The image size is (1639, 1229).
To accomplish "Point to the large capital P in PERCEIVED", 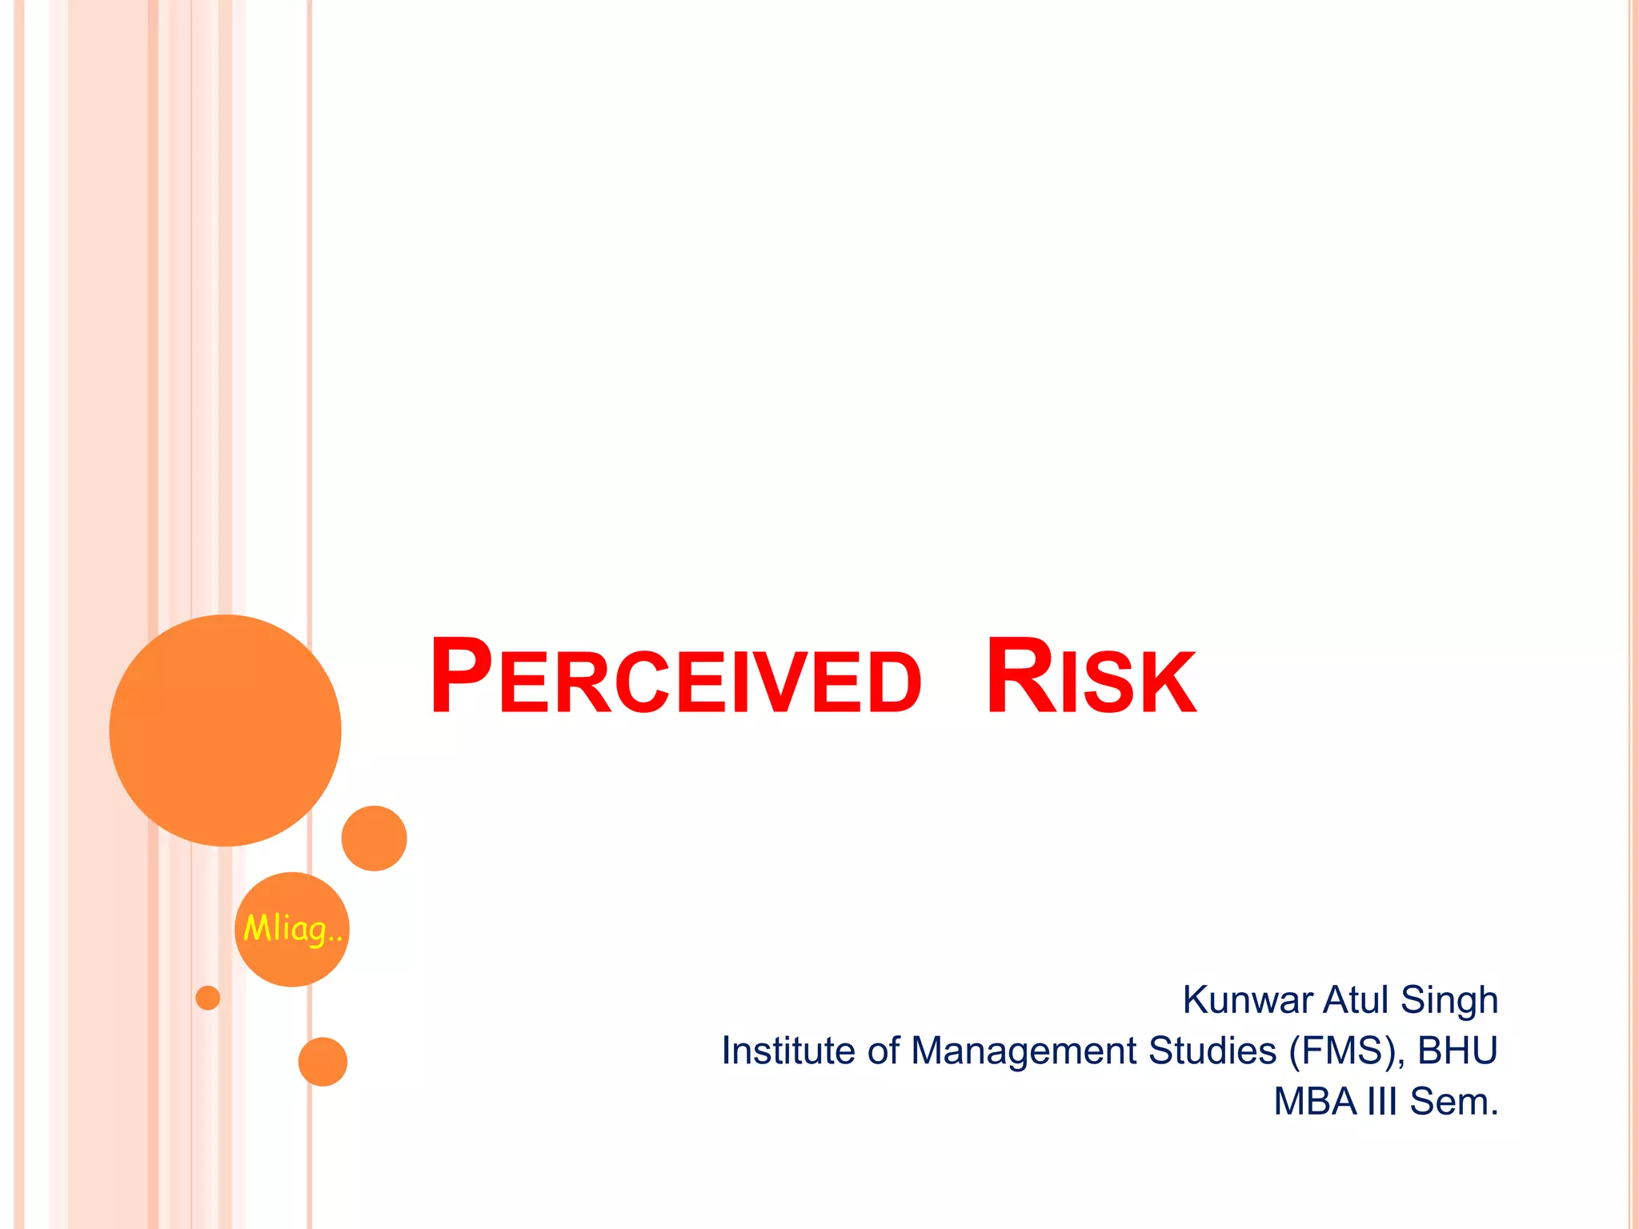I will point(460,676).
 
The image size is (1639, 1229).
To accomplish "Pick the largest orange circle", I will point(225,730).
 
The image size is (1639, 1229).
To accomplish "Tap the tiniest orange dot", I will point(207,998).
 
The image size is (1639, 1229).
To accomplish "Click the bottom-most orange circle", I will point(323,1061).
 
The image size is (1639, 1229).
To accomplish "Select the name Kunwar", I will point(1248,1000).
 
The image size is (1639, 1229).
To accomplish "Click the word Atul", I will point(1356,1000).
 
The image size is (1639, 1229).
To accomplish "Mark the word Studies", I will point(1212,1051).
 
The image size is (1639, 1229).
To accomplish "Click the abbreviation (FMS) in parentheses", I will point(1346,1051).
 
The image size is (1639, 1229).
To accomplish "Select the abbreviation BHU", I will point(1457,1051).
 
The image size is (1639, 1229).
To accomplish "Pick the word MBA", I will point(1315,1102).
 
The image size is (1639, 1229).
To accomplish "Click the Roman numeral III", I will point(1382,1102).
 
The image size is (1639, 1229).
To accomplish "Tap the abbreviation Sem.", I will point(1453,1102).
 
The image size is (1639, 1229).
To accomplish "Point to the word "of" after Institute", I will point(884,1051).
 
